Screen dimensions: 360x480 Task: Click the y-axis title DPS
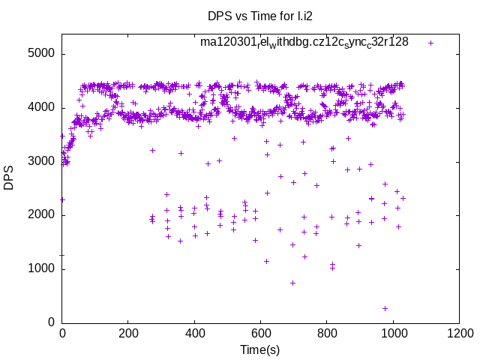[9, 178]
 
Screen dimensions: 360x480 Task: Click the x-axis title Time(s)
[259, 349]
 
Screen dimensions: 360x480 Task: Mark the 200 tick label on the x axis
[128, 334]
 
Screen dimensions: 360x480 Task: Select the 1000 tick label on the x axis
[392, 334]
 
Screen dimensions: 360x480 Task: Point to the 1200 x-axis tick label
[458, 334]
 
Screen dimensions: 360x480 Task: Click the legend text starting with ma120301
[304, 42]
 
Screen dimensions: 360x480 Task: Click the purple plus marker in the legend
[430, 43]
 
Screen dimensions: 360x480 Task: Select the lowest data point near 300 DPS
[385, 308]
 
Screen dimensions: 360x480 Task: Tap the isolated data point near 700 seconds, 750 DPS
[292, 283]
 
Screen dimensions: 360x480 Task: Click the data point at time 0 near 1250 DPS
[62, 255]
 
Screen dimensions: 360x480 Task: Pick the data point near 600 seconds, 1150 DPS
[266, 261]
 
